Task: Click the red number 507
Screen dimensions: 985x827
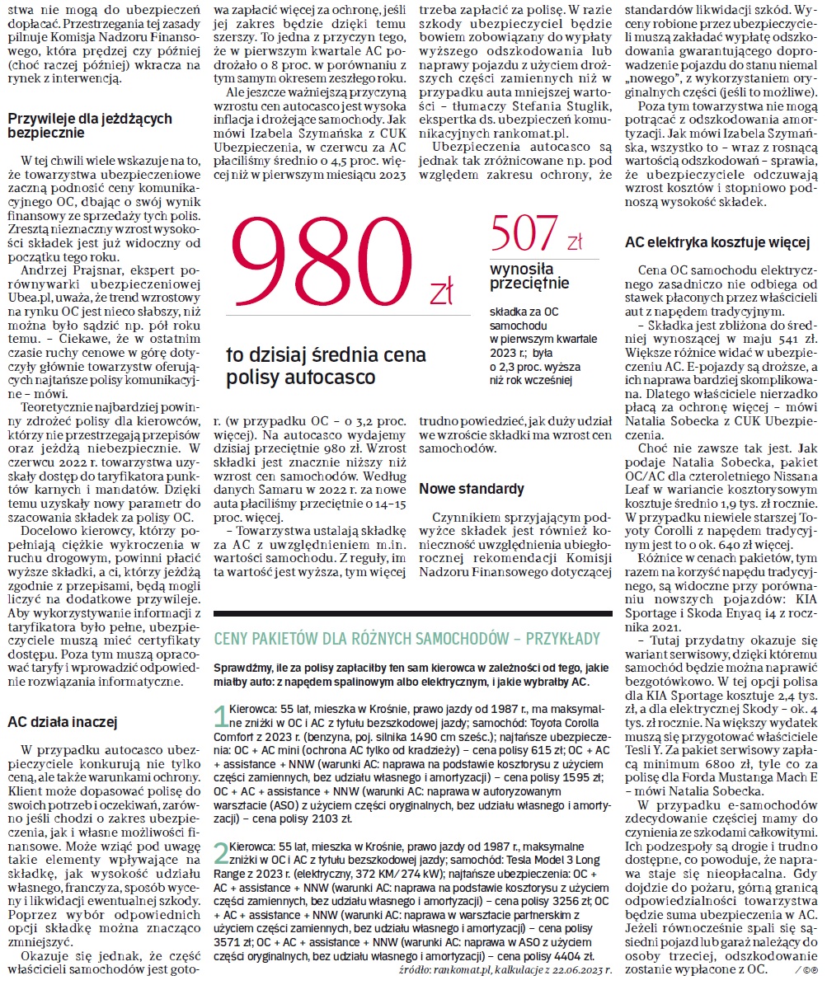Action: pos(524,234)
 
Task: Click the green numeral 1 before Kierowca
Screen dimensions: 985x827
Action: pos(220,715)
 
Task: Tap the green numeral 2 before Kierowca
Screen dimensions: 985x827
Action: pos(220,851)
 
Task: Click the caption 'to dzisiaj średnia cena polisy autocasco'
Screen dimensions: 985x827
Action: pos(327,366)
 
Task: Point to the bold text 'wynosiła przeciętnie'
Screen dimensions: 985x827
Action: pos(529,276)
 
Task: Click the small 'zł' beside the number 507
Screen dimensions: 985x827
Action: pos(575,242)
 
